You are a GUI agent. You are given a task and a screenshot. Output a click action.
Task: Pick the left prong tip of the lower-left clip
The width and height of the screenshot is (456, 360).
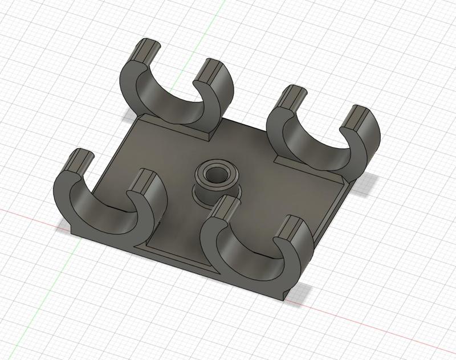pos(79,158)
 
